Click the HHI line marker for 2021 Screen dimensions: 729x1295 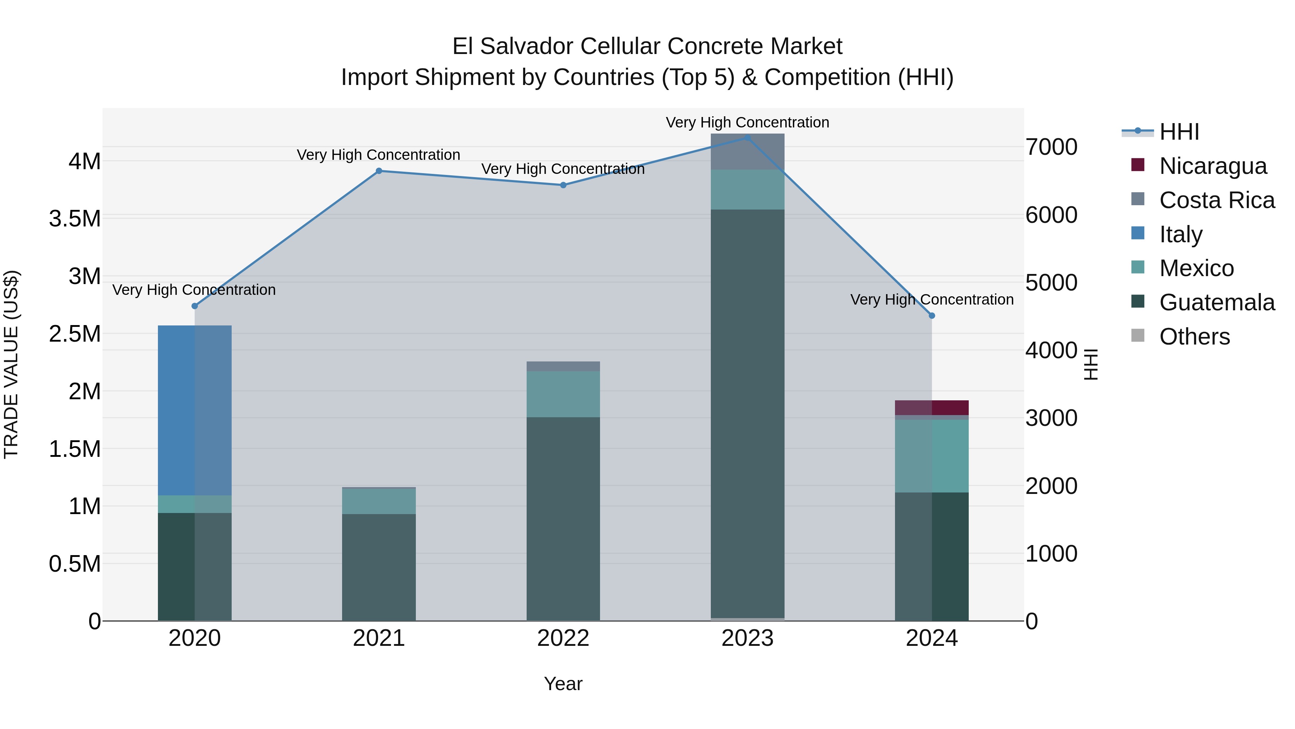(379, 171)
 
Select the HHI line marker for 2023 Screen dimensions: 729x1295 (748, 138)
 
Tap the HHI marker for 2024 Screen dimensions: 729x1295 (932, 315)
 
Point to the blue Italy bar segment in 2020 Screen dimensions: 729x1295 (195, 410)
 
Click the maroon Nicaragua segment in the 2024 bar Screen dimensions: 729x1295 (932, 408)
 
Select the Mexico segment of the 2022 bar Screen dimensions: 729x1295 (563, 394)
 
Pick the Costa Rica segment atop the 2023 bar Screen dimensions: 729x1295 (748, 152)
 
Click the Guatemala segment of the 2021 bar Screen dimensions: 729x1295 (379, 567)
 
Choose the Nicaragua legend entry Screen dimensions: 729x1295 (1213, 166)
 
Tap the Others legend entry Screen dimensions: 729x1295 (1194, 337)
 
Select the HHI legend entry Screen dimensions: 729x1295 (1179, 132)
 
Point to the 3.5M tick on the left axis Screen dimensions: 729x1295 (75, 219)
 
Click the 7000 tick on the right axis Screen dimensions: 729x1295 (1051, 147)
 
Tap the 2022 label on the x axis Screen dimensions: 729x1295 (563, 638)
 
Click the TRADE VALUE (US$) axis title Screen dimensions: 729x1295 (11, 364)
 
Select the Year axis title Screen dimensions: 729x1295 (563, 684)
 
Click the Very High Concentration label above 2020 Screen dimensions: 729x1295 (194, 290)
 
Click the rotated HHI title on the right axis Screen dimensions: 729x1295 (1090, 364)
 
